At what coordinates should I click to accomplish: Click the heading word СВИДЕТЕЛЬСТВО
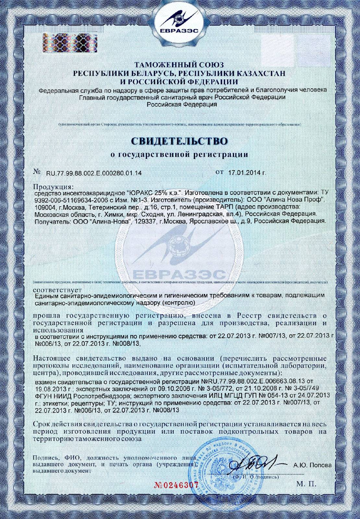[180, 142]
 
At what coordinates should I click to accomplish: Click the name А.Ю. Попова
[312, 465]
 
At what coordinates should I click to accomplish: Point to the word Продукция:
[54, 187]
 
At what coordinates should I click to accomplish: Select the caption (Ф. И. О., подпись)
[255, 477]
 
